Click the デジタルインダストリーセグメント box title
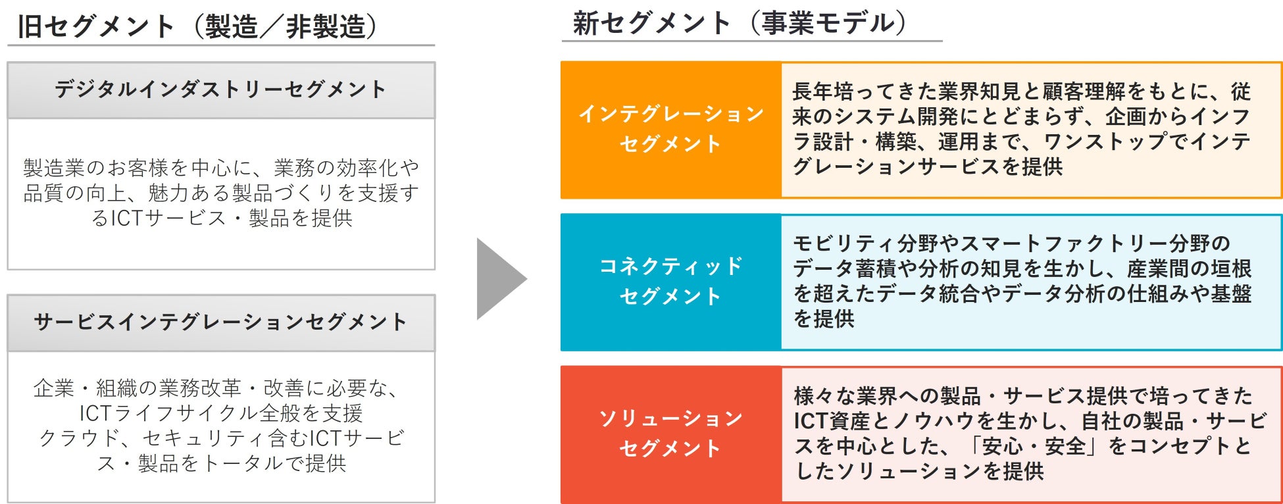(x=220, y=89)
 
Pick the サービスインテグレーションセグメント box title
(x=220, y=322)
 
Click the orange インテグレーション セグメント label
(x=670, y=129)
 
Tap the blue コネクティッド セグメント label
(x=670, y=281)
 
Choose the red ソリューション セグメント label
(x=670, y=434)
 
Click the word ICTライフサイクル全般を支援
(x=220, y=413)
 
